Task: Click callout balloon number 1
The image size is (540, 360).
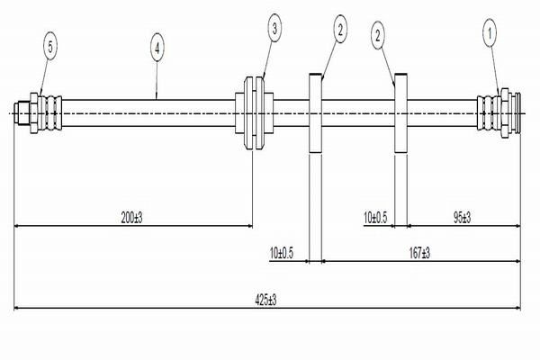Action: click(490, 35)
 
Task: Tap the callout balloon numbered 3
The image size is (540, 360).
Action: click(274, 30)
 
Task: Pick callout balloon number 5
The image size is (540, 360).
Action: click(51, 44)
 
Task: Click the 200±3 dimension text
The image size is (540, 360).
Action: click(132, 218)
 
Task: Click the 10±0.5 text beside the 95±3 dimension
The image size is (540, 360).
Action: click(375, 218)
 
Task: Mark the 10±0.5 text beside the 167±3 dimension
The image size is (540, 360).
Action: click(283, 255)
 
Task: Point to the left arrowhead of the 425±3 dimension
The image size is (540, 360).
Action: click(17, 309)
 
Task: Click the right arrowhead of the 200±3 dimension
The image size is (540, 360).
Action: click(248, 225)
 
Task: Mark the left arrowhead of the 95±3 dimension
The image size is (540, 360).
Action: click(411, 225)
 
